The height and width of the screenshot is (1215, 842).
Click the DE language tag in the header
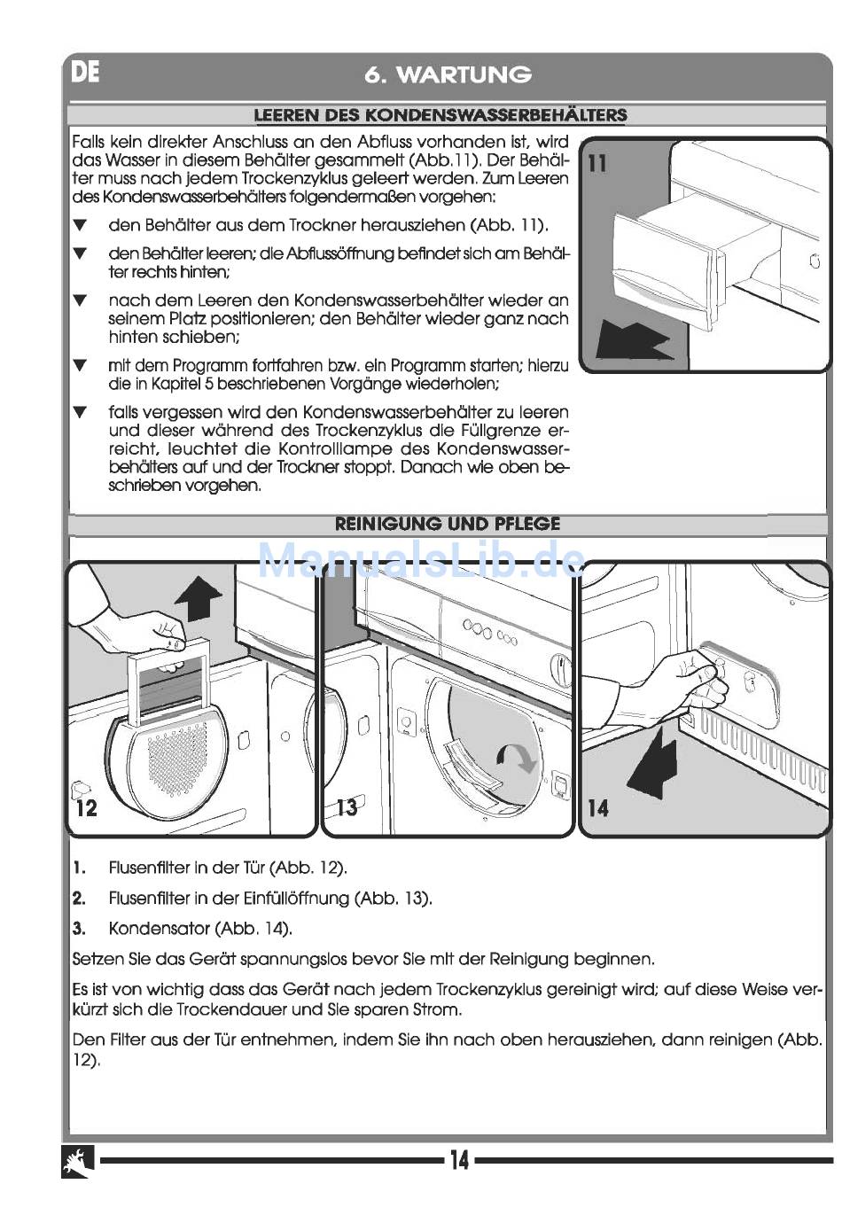pos(86,72)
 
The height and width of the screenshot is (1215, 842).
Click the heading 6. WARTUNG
pos(448,74)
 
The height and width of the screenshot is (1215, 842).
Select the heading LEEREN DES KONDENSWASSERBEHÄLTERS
pos(440,115)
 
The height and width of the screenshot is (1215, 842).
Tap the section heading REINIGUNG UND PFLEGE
pos(448,524)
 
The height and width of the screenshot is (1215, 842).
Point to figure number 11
pos(598,164)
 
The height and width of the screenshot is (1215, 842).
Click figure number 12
pos(87,807)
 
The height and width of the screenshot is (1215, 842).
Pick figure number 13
pos(347,806)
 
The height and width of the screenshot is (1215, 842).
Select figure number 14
pos(598,807)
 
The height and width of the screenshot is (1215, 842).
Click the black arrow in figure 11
pos(632,341)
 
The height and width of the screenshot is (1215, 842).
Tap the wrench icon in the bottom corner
pos(78,1162)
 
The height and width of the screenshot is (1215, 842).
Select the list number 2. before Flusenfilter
pos(80,899)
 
